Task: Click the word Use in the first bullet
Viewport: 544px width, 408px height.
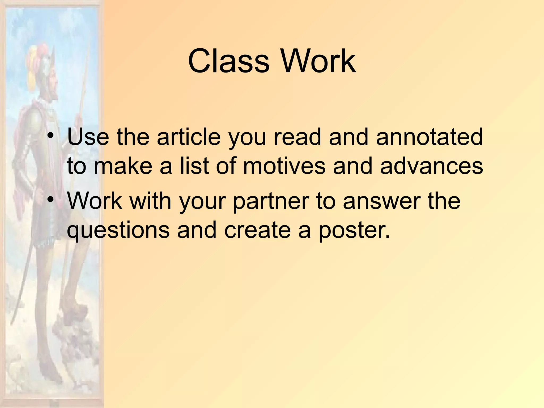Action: pos(88,137)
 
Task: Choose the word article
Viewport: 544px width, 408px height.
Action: pos(189,137)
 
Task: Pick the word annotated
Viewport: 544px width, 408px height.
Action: pos(429,137)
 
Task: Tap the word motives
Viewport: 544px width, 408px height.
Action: pos(284,166)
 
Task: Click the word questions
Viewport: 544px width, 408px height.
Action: pos(118,230)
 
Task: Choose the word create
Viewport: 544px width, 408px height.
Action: pos(257,230)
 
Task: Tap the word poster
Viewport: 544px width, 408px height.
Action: pos(353,230)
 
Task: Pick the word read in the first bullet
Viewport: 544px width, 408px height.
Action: pos(297,137)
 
